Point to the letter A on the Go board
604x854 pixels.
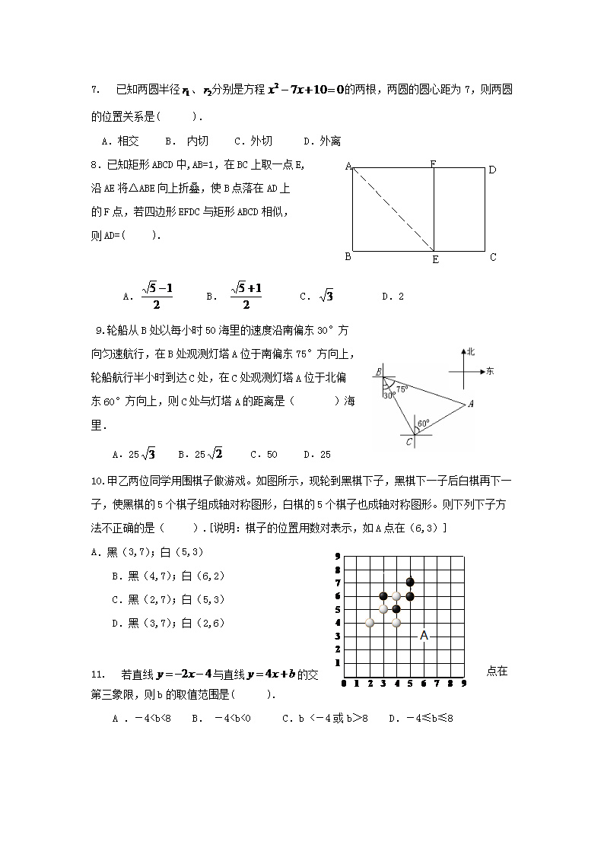tap(424, 636)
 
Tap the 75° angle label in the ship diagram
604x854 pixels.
tap(401, 389)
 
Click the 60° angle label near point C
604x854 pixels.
tap(423, 423)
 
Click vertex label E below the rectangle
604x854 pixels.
tap(435, 259)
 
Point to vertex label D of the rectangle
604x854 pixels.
tap(492, 170)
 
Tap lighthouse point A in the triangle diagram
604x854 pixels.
tap(471, 404)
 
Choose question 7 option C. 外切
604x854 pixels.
tap(253, 141)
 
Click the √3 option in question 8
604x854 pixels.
tap(317, 296)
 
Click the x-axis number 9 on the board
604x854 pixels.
tap(463, 683)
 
